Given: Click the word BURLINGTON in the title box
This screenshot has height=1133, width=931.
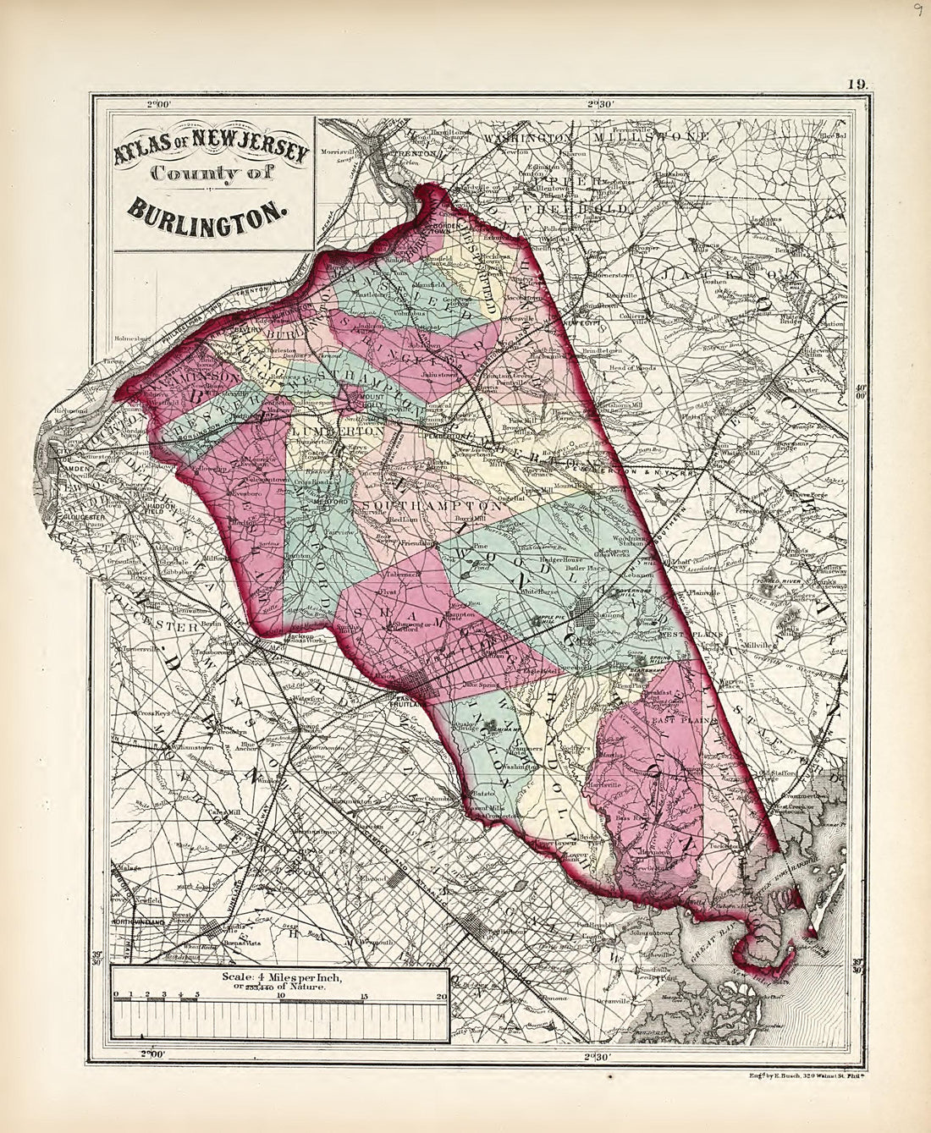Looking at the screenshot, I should click(x=208, y=207).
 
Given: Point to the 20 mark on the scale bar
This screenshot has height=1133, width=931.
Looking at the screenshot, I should click(x=441, y=996).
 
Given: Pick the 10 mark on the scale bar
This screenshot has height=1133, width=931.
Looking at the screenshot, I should click(x=280, y=996).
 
